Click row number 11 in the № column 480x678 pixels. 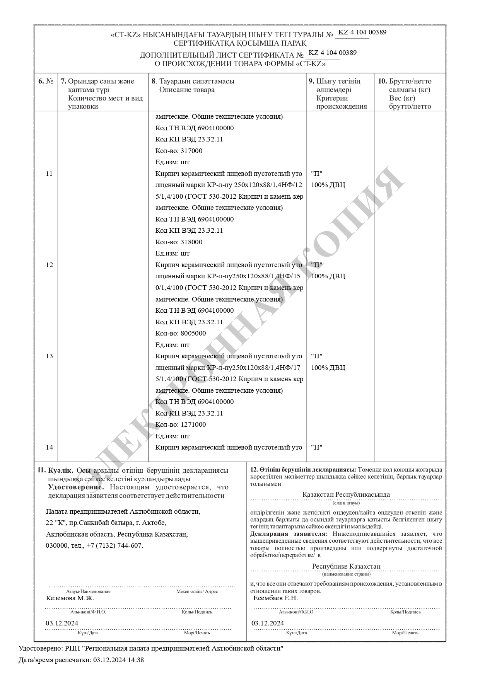pyautogui.click(x=49, y=174)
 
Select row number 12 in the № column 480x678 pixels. pyautogui.click(x=49, y=265)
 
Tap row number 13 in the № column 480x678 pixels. pyautogui.click(x=49, y=356)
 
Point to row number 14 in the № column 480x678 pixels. pyautogui.click(x=49, y=447)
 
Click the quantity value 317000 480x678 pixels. pyautogui.click(x=191, y=151)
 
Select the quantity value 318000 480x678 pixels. pyautogui.click(x=191, y=242)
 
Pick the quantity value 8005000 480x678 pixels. pyautogui.click(x=193, y=333)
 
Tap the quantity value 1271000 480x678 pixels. pyautogui.click(x=193, y=424)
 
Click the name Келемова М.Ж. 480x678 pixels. pyautogui.click(x=70, y=598)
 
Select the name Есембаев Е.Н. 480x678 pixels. pyautogui.click(x=275, y=598)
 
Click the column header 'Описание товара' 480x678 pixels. pyautogui.click(x=186, y=90)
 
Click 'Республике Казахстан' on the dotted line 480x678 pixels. pyautogui.click(x=346, y=566)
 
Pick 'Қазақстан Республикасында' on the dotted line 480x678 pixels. pyautogui.click(x=346, y=494)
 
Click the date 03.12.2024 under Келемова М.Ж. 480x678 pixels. pyautogui.click(x=62, y=623)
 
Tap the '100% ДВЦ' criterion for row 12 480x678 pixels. pyautogui.click(x=328, y=276)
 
